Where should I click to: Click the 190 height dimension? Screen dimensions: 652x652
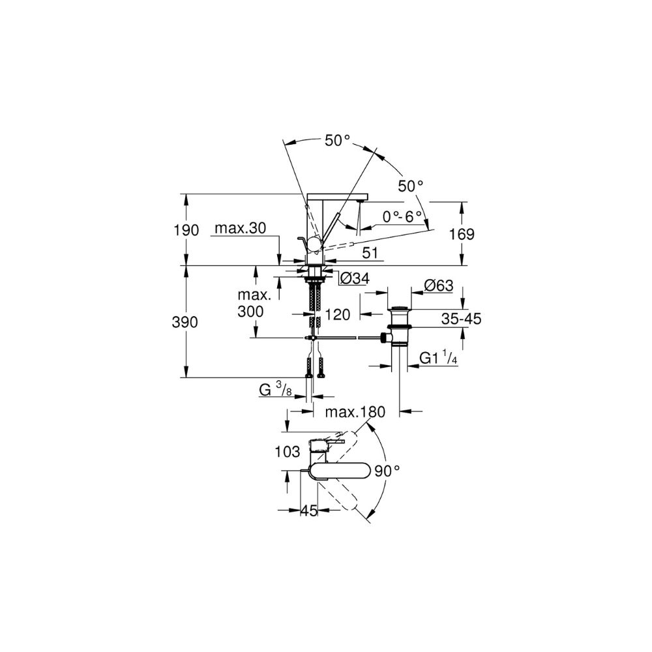(186, 230)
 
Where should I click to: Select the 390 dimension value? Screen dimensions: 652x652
(185, 322)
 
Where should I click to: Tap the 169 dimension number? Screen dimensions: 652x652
(462, 235)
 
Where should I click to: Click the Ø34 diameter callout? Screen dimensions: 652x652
(355, 278)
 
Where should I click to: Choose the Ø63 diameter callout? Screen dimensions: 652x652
(439, 286)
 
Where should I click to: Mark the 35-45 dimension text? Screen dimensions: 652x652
(461, 319)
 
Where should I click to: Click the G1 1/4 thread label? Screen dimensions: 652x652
(438, 357)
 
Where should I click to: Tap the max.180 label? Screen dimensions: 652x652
(355, 412)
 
